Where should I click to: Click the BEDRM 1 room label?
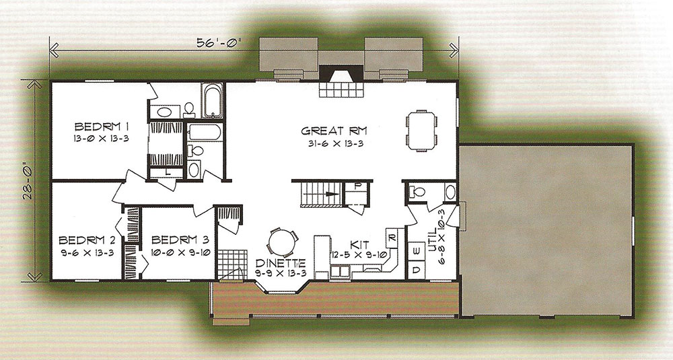pos(102,127)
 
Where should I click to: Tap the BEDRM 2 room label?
pos(86,240)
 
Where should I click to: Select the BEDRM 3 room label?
pos(180,240)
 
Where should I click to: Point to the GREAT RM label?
pos(334,131)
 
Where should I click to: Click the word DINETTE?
pos(281,262)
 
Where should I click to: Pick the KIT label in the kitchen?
pos(359,244)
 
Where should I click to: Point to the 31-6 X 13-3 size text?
pos(336,144)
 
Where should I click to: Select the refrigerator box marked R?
pos(392,238)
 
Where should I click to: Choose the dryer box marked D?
pos(417,270)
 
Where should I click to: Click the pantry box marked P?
pos(359,186)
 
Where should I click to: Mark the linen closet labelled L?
pos(167,172)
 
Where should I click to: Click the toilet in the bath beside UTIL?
pos(416,191)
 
